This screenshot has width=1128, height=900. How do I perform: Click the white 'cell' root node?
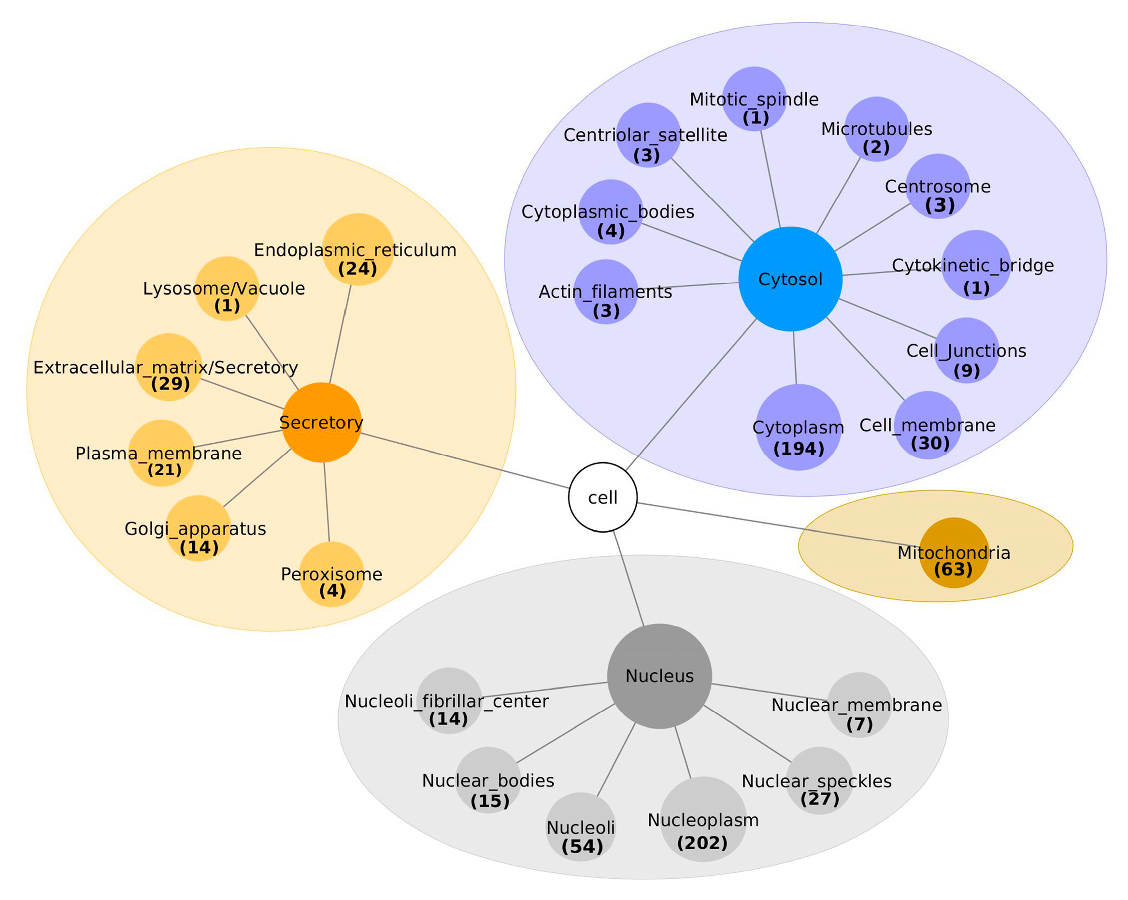tap(603, 497)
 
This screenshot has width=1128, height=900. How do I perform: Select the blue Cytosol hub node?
tap(790, 279)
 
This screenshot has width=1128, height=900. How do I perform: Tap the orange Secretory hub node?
tap(321, 422)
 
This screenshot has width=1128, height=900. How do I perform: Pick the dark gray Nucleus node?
tap(659, 676)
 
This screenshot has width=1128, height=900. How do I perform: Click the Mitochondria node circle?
tap(954, 553)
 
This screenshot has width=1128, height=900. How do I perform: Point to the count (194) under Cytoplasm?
tap(799, 449)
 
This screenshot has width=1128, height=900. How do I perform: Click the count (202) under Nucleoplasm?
tap(702, 843)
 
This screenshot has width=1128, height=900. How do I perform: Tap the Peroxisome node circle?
tap(332, 574)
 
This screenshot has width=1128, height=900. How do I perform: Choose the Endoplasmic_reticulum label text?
tap(355, 250)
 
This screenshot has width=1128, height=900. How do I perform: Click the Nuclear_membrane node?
tap(859, 705)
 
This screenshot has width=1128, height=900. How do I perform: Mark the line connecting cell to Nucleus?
tap(628, 578)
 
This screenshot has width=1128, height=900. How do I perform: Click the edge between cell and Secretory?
tap(466, 461)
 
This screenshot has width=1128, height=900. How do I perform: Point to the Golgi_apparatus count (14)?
tap(199, 548)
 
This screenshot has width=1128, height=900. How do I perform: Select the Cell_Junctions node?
tap(966, 350)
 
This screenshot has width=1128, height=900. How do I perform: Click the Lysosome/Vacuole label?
tap(224, 289)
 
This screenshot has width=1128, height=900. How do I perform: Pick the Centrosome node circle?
tap(938, 186)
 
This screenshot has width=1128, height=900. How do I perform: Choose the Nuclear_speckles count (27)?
tap(820, 798)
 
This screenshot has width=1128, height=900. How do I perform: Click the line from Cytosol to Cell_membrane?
tap(865, 359)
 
